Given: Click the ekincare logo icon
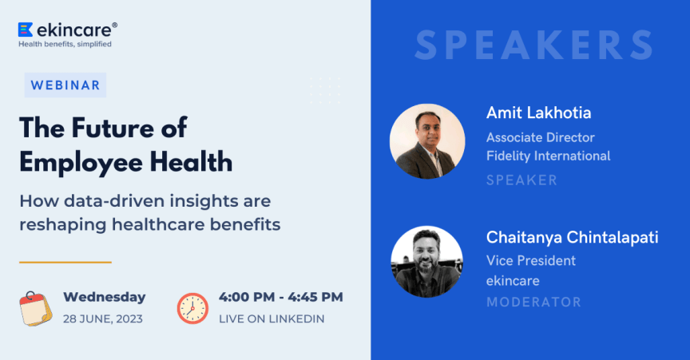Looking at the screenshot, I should [25, 30].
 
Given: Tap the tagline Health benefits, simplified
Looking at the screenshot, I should [65, 45].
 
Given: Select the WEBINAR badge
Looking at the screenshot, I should [65, 85].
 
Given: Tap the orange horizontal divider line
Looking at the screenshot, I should [65, 262].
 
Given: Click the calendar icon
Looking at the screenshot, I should [36, 309].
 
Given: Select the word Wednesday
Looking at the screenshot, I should [104, 298].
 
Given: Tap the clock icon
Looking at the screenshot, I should [192, 308].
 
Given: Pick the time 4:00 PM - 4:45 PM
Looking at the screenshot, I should [280, 298].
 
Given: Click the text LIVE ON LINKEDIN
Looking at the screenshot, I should [272, 318].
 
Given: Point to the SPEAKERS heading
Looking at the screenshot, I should [534, 45].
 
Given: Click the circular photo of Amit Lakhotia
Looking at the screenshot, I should [427, 141].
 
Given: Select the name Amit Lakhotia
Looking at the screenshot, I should [538, 113].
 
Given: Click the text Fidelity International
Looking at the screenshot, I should [548, 156].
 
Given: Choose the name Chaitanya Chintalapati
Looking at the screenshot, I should [572, 237].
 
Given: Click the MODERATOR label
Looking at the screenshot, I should [533, 302].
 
